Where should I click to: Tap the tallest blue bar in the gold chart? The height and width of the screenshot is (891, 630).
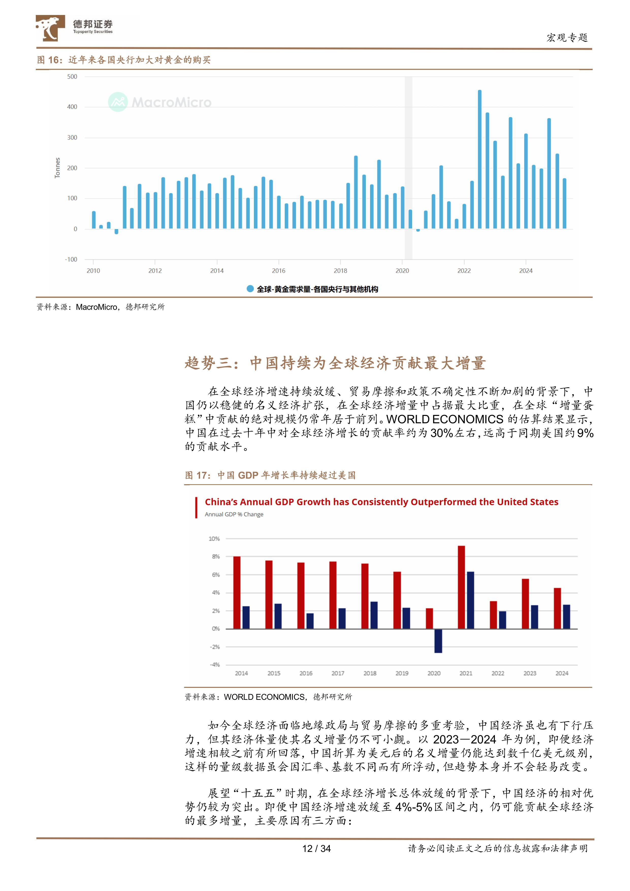click(479, 159)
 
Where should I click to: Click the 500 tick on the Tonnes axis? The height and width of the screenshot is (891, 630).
click(72, 77)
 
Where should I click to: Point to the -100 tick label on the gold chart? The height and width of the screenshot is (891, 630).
click(71, 259)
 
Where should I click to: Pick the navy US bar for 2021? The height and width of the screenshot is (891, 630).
click(470, 600)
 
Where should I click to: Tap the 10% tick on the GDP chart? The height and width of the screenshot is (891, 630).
click(214, 539)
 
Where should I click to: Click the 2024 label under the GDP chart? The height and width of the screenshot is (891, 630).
click(562, 673)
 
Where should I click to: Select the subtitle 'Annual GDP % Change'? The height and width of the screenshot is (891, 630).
click(234, 514)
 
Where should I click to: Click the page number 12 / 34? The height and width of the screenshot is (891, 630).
click(316, 849)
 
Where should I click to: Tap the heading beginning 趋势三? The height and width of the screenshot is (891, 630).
click(335, 363)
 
